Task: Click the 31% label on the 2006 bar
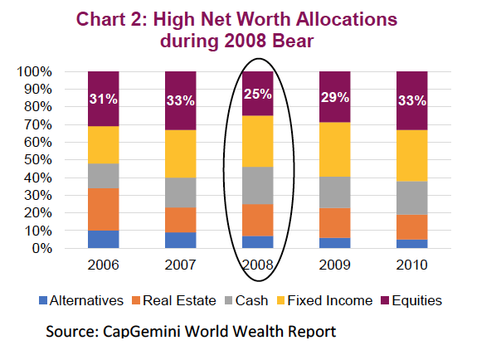click(x=104, y=100)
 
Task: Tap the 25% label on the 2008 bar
click(x=257, y=94)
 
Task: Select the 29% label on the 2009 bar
click(x=334, y=98)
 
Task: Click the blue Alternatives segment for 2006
click(x=104, y=239)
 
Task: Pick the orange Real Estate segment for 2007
click(x=180, y=220)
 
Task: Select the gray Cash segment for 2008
click(x=257, y=185)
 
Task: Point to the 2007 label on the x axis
click(x=180, y=266)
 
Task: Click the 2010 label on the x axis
click(x=411, y=266)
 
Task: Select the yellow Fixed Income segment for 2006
click(x=104, y=144)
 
